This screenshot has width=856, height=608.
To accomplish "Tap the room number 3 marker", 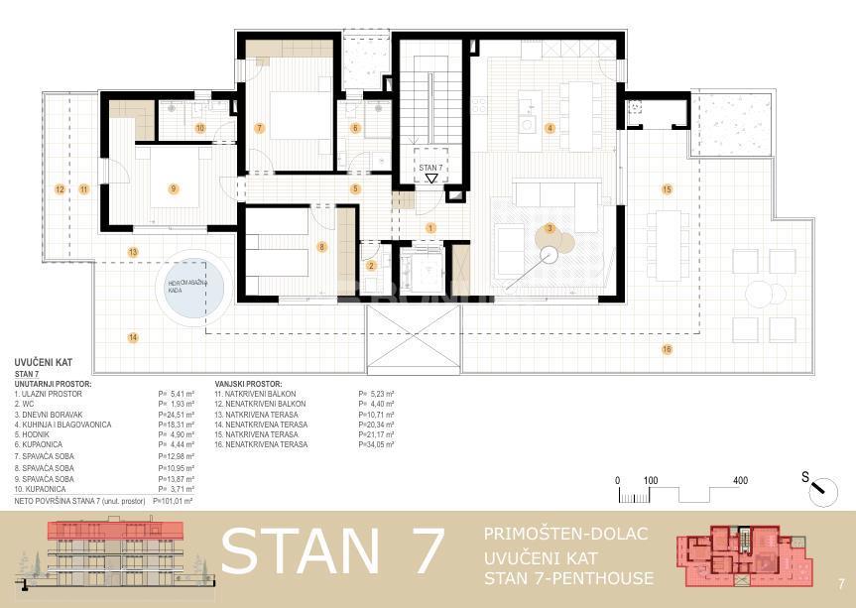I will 549,229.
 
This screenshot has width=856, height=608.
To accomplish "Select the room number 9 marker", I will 173,188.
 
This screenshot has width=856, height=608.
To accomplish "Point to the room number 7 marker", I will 259,128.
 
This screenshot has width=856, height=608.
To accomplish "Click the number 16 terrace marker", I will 667,349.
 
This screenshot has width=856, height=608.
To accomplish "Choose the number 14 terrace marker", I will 132,337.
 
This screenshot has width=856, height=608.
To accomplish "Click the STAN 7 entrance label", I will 429,169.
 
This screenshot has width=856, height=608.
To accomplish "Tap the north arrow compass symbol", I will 818,483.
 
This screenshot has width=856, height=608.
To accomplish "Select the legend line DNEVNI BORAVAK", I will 51,415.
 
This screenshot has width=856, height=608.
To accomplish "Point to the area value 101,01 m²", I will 175,501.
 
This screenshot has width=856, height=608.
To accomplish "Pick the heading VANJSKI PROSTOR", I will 248,383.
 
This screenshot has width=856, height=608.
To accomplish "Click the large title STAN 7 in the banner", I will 331,551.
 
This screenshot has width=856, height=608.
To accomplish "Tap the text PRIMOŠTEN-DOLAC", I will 565,535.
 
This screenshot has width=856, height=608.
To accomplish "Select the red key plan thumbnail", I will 740,557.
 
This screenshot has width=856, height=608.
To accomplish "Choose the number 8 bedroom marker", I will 320,246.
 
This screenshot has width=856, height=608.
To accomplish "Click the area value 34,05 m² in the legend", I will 376,444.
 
